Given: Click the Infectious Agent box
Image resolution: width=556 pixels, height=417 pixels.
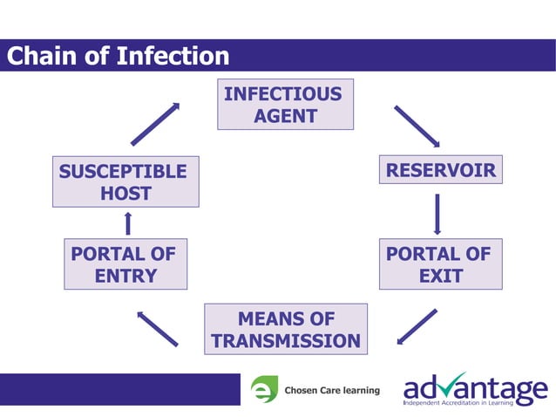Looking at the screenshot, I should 285,105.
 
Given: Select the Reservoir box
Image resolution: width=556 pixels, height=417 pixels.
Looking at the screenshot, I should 440,170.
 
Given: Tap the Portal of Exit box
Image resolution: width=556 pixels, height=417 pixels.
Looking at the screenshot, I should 440,265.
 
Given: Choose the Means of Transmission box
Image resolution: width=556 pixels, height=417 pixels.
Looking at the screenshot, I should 285,329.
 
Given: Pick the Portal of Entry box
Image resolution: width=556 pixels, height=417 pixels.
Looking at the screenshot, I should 125,265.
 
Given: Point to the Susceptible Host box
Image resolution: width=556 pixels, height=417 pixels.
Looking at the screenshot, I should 125,181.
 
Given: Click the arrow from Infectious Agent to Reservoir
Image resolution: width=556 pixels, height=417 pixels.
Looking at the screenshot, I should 417,126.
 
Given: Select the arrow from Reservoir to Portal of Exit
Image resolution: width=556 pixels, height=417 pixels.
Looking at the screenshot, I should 437,214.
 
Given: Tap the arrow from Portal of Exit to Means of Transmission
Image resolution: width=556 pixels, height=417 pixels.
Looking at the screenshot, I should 417,326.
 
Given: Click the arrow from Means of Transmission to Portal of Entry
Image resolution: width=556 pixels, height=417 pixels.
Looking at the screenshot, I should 157,327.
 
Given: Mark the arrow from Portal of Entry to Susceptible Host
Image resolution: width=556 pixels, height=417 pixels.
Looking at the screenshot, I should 128,223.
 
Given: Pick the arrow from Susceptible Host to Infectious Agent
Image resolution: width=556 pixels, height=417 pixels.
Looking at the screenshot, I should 156,123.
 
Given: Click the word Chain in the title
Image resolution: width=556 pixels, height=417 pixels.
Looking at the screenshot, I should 43,56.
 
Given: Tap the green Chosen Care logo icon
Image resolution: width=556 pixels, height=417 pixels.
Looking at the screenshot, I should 264,389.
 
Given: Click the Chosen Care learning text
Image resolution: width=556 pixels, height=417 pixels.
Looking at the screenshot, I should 332,390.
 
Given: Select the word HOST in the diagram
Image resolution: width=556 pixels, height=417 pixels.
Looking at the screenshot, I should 125,194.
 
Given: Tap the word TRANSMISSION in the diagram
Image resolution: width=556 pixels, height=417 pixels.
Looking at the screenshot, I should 286,341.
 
